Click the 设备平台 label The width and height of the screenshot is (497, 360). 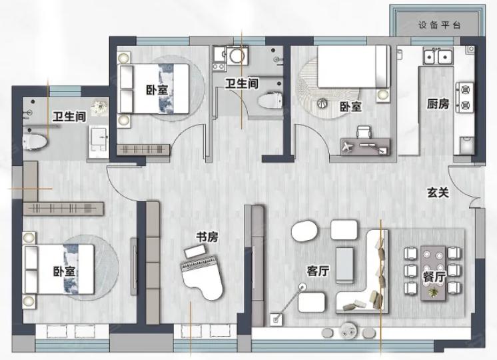pyautogui.click(x=439, y=25)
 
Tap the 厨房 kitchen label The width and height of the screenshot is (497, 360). pyautogui.click(x=438, y=104)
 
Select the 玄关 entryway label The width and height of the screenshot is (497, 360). pyautogui.click(x=438, y=193)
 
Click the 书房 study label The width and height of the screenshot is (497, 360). pyautogui.click(x=207, y=237)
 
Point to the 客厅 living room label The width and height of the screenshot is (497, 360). pyautogui.click(x=318, y=271)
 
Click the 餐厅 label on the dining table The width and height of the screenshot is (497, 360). pyautogui.click(x=434, y=277)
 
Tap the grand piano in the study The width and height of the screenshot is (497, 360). pyautogui.click(x=202, y=276)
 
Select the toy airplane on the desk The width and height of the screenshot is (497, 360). pyautogui.click(x=348, y=147)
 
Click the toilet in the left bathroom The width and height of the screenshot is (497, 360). pyautogui.click(x=35, y=142)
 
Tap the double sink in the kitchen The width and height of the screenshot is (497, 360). pyautogui.click(x=438, y=57)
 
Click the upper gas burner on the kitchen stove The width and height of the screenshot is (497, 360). pyautogui.click(x=465, y=90)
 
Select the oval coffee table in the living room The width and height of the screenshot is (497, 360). pyautogui.click(x=304, y=231)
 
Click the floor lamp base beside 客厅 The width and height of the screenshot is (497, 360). pyautogui.click(x=275, y=319)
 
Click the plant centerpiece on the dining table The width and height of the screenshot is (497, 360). pyautogui.click(x=432, y=292)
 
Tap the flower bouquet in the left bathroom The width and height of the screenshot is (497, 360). pyautogui.click(x=99, y=108)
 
